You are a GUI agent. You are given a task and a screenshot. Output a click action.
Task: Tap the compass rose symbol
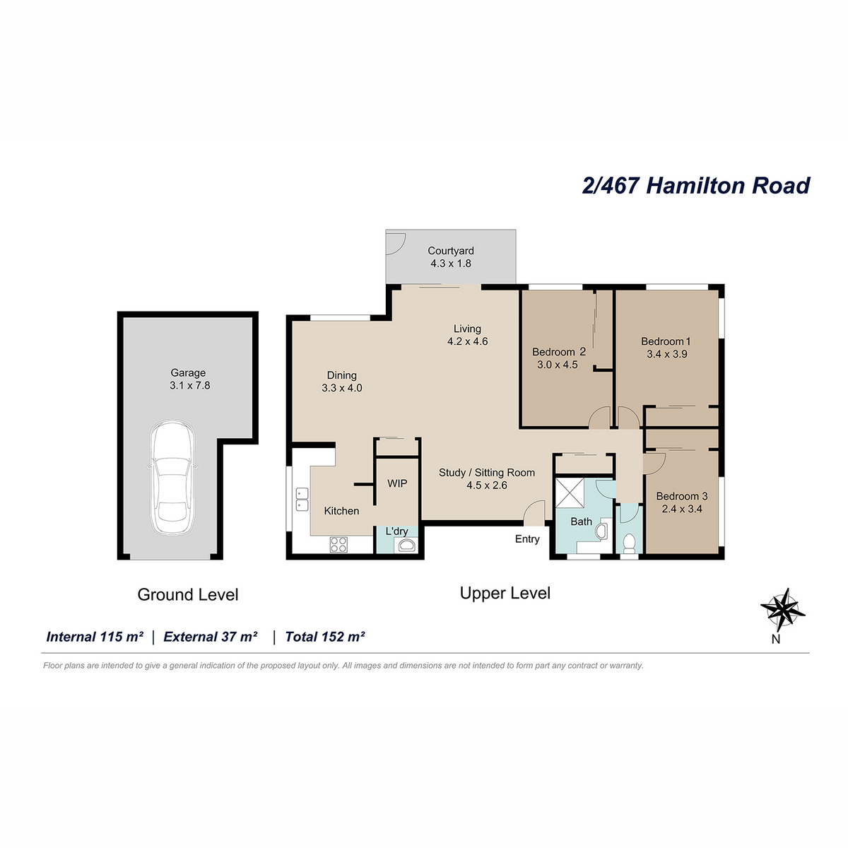tap(782, 610)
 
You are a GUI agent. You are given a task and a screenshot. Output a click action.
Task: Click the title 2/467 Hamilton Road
tap(696, 186)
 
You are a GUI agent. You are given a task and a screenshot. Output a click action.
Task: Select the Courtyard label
tap(451, 251)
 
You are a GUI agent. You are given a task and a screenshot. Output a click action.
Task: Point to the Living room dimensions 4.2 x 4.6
tap(467, 341)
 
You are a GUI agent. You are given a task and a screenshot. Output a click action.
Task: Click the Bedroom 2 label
tap(559, 352)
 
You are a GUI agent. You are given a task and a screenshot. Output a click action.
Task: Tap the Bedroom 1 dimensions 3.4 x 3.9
tap(666, 354)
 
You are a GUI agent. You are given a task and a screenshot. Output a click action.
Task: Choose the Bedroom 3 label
tap(682, 496)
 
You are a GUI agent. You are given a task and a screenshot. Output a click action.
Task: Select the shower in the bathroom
tap(570, 493)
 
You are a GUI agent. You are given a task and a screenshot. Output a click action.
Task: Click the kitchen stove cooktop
tap(338, 544)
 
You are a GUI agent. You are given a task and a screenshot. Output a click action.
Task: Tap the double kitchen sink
tap(302, 499)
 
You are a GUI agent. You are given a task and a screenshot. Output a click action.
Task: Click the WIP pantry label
tap(397, 483)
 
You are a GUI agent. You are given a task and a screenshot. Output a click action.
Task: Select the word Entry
tap(527, 539)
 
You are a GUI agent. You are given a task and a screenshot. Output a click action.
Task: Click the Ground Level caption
tap(188, 594)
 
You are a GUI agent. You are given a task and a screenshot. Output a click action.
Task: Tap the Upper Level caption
tap(505, 593)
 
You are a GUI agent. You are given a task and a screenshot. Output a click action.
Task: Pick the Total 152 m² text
tap(325, 637)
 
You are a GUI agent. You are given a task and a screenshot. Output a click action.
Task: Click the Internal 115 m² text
tap(95, 637)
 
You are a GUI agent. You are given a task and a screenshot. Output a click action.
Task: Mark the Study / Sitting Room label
tap(487, 473)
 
